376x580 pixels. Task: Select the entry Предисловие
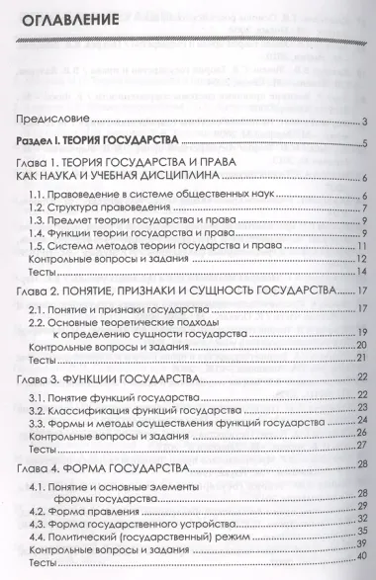pyautogui.click(x=48, y=121)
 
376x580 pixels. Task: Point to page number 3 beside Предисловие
pyautogui.click(x=365, y=122)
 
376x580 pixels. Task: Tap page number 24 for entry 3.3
pyautogui.click(x=363, y=421)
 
